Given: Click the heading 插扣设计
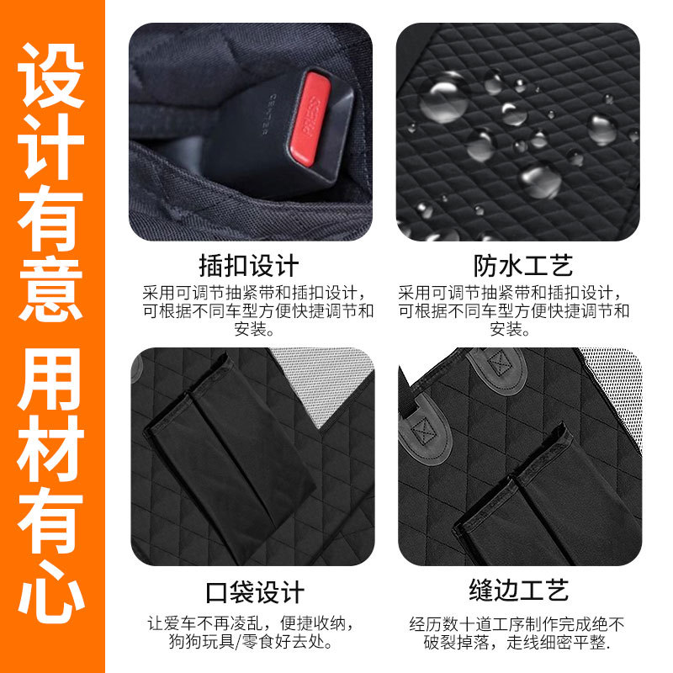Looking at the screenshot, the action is pyautogui.click(x=248, y=266).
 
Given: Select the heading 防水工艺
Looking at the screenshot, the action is pyautogui.click(x=523, y=266).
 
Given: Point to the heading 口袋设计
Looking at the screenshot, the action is pyautogui.click(x=255, y=592).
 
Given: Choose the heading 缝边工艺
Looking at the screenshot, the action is pyautogui.click(x=519, y=591).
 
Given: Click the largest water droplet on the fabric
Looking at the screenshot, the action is pyautogui.click(x=444, y=98).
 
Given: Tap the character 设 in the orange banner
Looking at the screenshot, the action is pyautogui.click(x=50, y=75).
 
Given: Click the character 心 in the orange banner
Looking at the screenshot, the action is pyautogui.click(x=50, y=590).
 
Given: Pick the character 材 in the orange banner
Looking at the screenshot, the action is pyautogui.click(x=50, y=448).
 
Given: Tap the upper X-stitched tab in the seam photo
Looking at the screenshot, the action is pyautogui.click(x=499, y=368).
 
